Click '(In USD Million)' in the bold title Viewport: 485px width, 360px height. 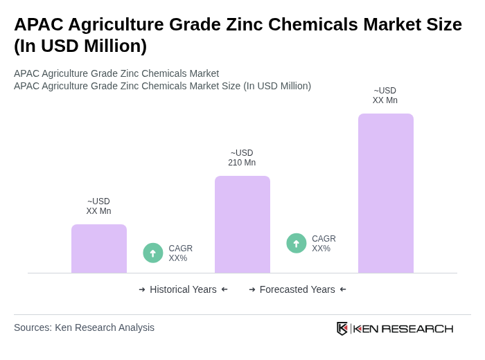[x=80, y=46]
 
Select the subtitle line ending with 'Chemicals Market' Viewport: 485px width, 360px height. [x=116, y=73]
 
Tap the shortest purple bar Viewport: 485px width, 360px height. [x=99, y=249]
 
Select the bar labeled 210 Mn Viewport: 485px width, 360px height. [x=242, y=224]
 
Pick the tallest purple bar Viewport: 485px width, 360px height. [x=386, y=193]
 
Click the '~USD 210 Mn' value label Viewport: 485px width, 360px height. [x=242, y=158]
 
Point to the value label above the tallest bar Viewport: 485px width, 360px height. [x=385, y=96]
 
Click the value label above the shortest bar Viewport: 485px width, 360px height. [x=98, y=206]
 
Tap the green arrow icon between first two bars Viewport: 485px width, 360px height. [x=153, y=253]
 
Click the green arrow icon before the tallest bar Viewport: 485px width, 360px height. [x=297, y=243]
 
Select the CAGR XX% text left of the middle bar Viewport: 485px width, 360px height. [x=180, y=253]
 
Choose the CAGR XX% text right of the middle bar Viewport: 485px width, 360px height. [x=324, y=244]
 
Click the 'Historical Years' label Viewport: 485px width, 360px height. [x=183, y=289]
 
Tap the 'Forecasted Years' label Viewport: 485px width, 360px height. [x=297, y=289]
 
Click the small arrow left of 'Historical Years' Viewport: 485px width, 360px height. [x=142, y=289]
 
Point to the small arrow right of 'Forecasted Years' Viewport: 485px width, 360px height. [x=343, y=289]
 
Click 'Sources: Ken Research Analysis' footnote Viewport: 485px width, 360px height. [x=84, y=327]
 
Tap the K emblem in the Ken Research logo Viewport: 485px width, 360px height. [x=342, y=328]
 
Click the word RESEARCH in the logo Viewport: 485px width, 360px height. [x=417, y=328]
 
